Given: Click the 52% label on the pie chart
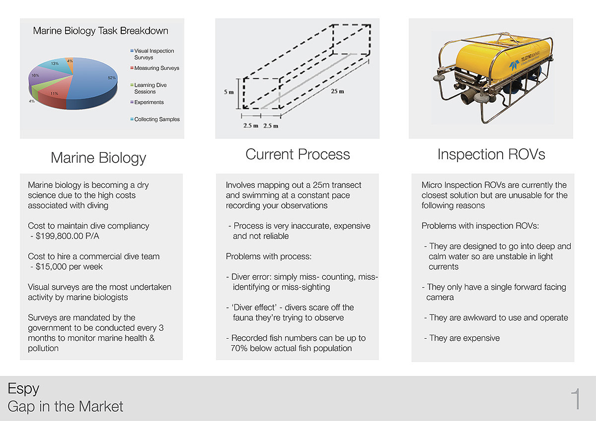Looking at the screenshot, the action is pos(111,78).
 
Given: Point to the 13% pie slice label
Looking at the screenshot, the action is pos(55,63).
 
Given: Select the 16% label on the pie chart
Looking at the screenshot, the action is pos(35,75).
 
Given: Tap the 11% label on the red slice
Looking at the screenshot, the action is pos(54,94).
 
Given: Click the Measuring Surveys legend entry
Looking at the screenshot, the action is pos(155,68).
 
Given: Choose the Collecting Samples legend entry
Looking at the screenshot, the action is pos(155,120).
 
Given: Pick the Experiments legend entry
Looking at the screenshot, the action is pos(147,102).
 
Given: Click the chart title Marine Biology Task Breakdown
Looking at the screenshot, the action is pos(100,31).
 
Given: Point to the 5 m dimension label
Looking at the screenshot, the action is pos(228,92).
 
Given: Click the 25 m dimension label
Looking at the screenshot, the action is pos(337,91).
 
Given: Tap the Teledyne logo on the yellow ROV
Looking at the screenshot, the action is pos(514,65).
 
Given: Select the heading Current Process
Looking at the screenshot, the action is pos(298,154).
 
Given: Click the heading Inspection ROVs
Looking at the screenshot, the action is pos(491,154).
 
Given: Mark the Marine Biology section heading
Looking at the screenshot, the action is pos(98,158).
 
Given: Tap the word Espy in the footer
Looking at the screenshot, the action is pos(23,389).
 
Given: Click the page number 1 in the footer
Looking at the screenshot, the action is pos(576,399).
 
